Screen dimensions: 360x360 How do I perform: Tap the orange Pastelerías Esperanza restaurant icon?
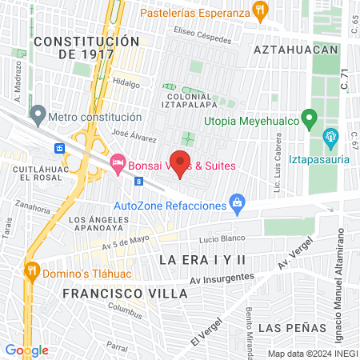pyautogui.click(x=259, y=10)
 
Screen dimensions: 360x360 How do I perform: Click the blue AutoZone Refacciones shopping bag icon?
pyautogui.click(x=236, y=203)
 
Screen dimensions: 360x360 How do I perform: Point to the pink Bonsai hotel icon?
pyautogui.click(x=118, y=162)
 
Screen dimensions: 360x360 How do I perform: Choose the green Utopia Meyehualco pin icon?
pyautogui.click(x=308, y=120)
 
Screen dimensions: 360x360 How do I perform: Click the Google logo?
pyautogui.click(x=26, y=350)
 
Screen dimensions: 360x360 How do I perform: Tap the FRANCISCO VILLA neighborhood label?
pyautogui.click(x=124, y=294)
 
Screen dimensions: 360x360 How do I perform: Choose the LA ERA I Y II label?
pyautogui.click(x=203, y=260)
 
